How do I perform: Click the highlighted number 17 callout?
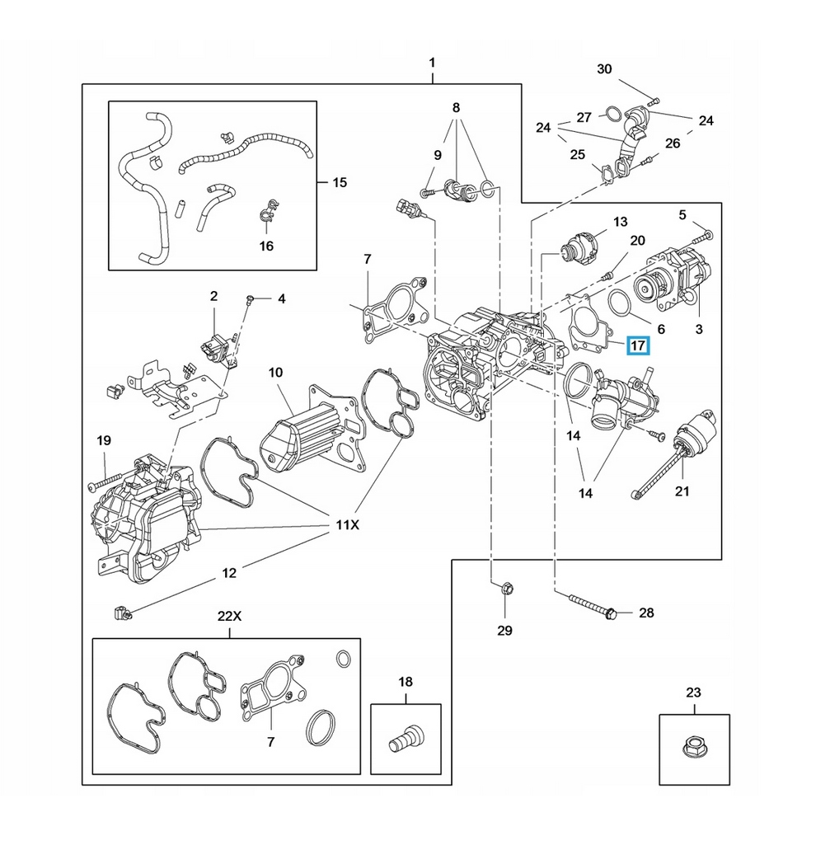click(638, 346)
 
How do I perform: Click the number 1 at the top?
click(432, 63)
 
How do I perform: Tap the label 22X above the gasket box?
click(229, 617)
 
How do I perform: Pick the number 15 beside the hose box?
click(339, 182)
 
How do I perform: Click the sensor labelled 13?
click(581, 246)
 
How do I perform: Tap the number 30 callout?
click(604, 69)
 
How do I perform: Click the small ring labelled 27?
click(612, 113)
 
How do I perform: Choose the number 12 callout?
click(229, 572)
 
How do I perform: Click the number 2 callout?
click(213, 296)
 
